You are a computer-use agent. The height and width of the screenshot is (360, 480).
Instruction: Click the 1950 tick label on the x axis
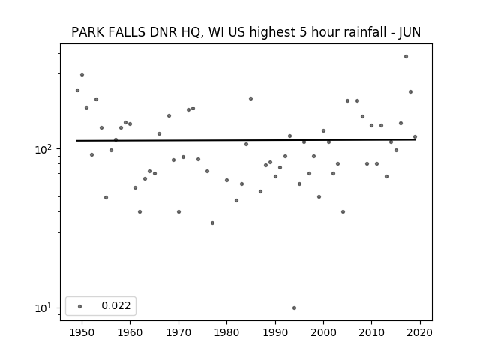tap(82, 332)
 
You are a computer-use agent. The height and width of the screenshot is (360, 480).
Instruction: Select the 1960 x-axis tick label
tap(130, 332)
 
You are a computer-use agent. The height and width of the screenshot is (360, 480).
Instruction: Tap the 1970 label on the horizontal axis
tap(178, 332)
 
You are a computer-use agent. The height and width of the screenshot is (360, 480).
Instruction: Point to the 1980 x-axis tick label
tap(226, 332)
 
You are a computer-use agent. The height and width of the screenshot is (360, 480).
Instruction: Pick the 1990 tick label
tap(275, 332)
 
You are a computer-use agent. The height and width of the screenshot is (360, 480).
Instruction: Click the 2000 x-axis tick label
tap(323, 332)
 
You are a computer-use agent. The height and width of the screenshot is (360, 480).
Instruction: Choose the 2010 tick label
tap(372, 332)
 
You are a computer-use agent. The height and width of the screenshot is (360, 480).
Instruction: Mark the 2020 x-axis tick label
tap(420, 332)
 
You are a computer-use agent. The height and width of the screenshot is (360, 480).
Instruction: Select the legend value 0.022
tap(116, 305)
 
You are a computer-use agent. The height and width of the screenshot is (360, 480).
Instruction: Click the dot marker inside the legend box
tap(80, 306)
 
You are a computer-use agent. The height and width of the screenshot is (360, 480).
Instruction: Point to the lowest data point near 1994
tap(294, 307)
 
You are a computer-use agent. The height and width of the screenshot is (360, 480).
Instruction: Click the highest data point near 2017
tap(406, 57)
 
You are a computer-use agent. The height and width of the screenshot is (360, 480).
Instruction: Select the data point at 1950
tap(82, 75)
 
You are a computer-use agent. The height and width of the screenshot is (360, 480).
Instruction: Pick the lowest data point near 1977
tap(212, 223)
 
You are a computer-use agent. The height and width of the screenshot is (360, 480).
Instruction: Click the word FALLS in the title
tap(124, 32)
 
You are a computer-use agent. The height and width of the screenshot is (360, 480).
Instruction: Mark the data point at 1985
tap(250, 98)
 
